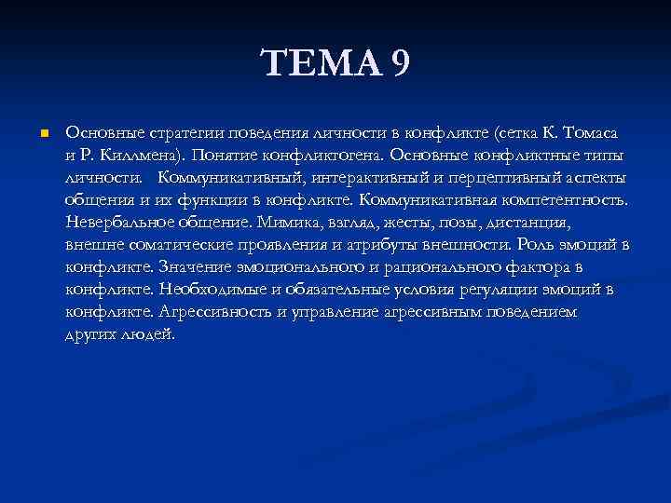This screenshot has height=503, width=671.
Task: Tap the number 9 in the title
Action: point(398,66)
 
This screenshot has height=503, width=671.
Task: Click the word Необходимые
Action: point(208,289)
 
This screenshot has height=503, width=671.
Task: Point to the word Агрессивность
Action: point(215,311)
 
